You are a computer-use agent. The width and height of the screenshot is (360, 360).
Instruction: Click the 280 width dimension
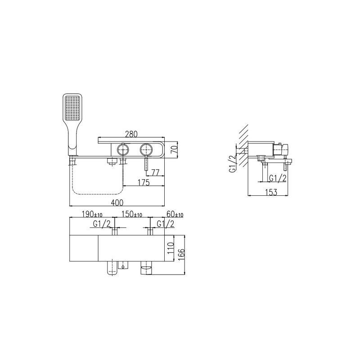point(131,134)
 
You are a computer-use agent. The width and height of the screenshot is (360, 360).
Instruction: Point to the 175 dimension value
point(144,182)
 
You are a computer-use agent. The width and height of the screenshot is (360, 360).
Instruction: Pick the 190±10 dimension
point(92,214)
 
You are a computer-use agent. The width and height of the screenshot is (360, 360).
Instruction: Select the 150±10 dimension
point(131,214)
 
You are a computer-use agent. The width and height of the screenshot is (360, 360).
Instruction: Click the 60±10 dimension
point(175,214)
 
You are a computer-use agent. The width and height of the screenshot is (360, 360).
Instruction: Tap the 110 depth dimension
point(171,247)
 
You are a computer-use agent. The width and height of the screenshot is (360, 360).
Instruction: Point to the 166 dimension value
point(181,255)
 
